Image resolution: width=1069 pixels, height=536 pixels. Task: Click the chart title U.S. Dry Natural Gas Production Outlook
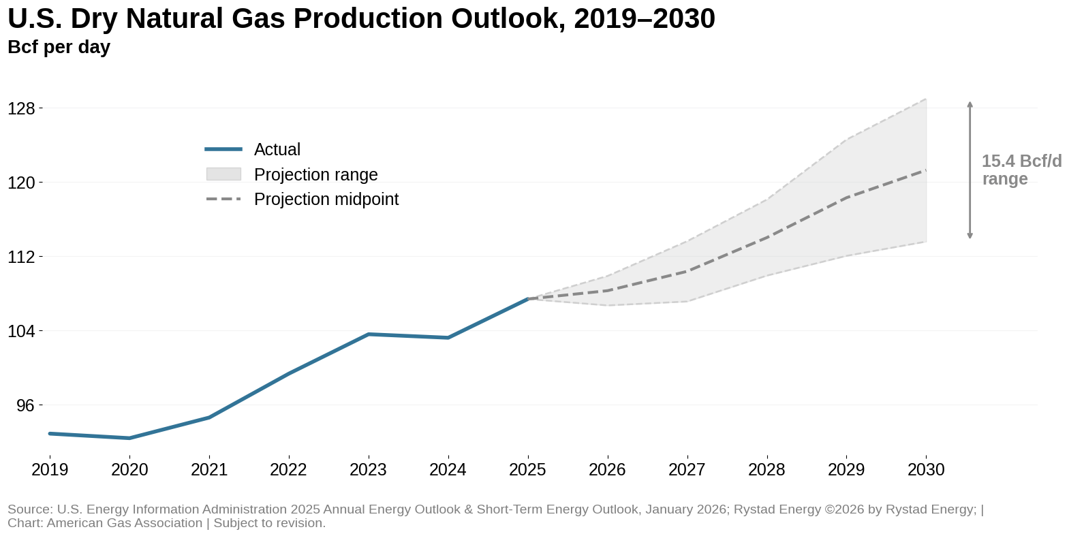[361, 18]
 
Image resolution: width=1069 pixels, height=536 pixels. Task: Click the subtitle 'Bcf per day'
[59, 47]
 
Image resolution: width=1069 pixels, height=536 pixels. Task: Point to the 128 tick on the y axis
[21, 108]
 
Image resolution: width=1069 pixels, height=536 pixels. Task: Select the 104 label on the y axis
[21, 331]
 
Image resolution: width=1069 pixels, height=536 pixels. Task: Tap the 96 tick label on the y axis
[25, 405]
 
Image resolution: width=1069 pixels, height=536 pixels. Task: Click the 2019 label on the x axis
[50, 469]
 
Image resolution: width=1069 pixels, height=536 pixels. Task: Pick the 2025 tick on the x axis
[527, 469]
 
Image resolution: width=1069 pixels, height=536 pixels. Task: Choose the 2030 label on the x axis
[926, 469]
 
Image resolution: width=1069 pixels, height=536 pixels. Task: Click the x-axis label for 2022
[288, 469]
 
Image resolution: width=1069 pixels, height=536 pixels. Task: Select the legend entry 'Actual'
[277, 149]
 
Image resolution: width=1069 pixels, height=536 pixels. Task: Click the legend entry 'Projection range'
[315, 174]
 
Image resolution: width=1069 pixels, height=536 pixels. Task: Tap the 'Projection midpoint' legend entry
[326, 199]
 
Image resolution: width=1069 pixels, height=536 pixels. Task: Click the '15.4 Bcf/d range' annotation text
[1021, 170]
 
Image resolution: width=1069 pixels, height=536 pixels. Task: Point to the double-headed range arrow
[970, 170]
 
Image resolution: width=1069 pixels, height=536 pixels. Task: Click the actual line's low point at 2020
[129, 438]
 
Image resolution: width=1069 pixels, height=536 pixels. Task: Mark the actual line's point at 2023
[368, 334]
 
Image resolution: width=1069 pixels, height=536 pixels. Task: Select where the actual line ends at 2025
[527, 298]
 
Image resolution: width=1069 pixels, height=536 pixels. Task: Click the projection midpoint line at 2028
[767, 238]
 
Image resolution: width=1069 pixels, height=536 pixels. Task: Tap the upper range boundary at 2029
[846, 140]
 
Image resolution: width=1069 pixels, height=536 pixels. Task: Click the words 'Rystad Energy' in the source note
[771, 509]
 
